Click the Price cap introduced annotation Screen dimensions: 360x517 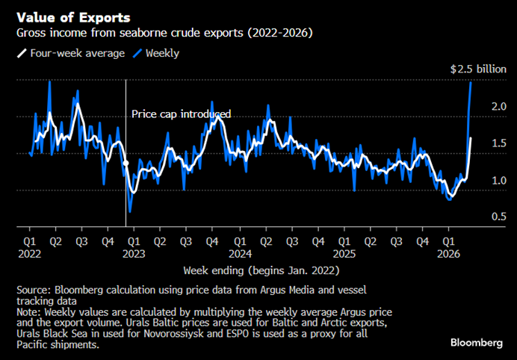pos(182,114)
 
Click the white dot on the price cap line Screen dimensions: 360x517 pos(126,163)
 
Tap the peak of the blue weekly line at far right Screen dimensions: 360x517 pos(470,81)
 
